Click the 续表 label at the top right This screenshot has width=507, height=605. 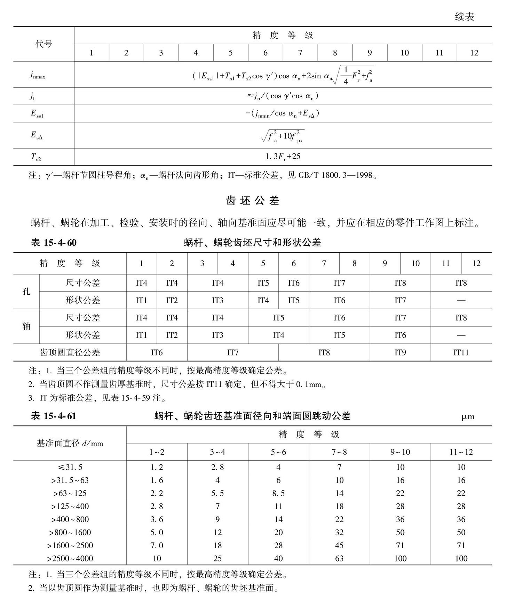point(464,17)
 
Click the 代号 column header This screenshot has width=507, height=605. point(43,44)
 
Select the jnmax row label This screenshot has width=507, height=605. point(37,75)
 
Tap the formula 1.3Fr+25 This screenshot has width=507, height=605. point(283,157)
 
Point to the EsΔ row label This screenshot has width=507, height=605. point(37,135)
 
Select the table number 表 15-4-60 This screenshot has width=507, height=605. point(54,242)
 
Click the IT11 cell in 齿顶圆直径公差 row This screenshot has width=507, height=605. point(461,352)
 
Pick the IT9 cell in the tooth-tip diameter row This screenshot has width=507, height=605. point(400,352)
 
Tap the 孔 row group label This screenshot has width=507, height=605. point(26,291)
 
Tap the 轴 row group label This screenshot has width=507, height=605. point(26,326)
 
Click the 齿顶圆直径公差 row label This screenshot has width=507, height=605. point(70,352)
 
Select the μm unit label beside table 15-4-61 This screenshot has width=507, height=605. point(468,416)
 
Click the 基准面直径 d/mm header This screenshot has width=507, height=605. point(70,443)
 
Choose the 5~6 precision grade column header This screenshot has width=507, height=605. point(278,452)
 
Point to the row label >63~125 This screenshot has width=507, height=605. point(70,493)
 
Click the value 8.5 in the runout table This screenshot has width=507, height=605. point(278,493)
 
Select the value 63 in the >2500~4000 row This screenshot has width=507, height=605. point(339,559)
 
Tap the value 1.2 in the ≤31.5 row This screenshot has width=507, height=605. point(157,467)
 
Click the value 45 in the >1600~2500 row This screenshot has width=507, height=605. point(339,546)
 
